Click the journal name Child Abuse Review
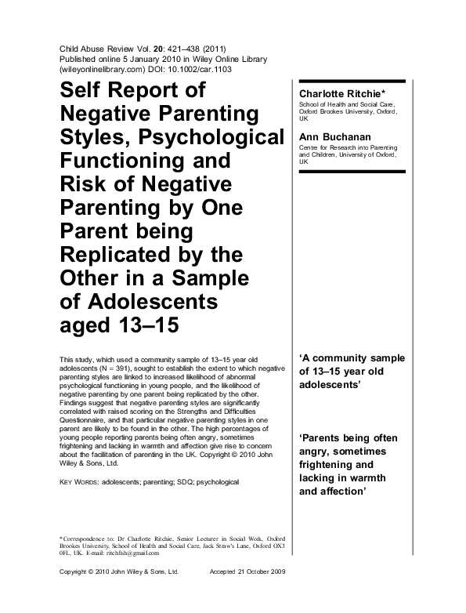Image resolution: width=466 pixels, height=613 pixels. [x=100, y=48]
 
